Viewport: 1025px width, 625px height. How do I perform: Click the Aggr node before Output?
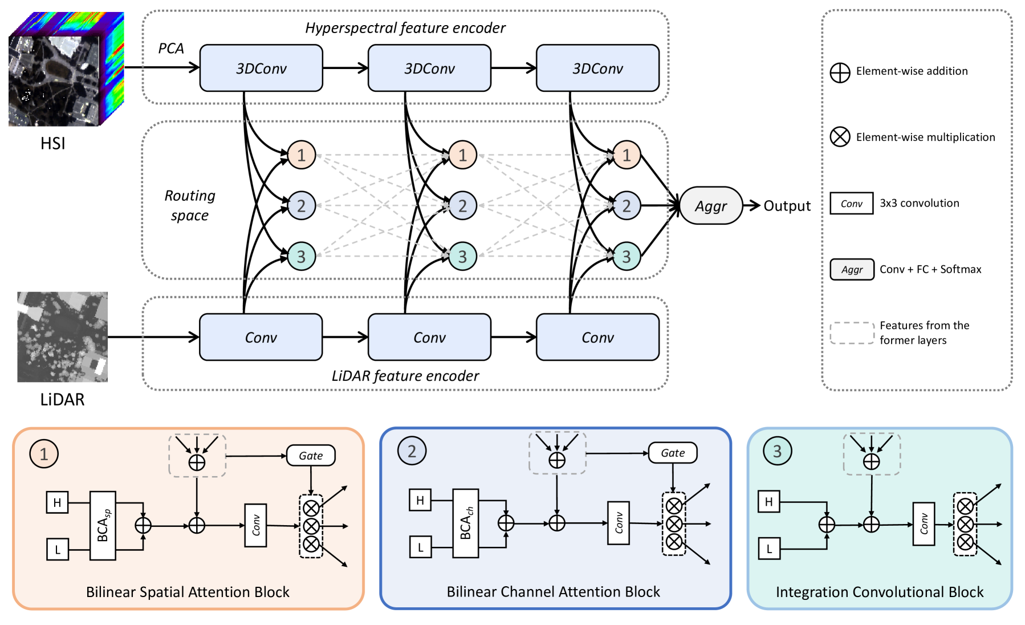711,206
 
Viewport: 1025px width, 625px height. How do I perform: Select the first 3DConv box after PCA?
261,68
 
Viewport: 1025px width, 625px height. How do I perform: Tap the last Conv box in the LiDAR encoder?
597,338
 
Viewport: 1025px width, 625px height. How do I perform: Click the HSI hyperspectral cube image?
66,69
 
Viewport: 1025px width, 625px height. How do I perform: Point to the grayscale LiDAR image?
62,337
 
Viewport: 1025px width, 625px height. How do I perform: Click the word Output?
787,206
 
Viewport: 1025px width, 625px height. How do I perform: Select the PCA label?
171,48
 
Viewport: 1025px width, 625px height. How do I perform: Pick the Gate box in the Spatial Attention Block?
311,456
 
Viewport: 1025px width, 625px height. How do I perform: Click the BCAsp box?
103,526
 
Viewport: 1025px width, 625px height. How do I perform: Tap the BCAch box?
466,523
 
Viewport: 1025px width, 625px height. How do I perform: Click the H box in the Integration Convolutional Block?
769,502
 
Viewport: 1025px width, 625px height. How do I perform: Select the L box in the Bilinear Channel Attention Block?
421,547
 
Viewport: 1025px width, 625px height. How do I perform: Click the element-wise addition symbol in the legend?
840,72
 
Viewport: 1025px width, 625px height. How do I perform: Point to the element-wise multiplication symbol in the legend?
840,137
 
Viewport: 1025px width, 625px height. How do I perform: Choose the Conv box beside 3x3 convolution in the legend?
852,204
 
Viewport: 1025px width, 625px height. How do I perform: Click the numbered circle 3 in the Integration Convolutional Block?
777,451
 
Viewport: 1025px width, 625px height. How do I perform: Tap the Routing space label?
190,205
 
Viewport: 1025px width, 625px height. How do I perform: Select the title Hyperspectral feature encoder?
405,28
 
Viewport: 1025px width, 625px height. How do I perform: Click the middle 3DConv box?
429,68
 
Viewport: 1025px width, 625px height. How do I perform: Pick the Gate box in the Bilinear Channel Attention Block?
673,453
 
